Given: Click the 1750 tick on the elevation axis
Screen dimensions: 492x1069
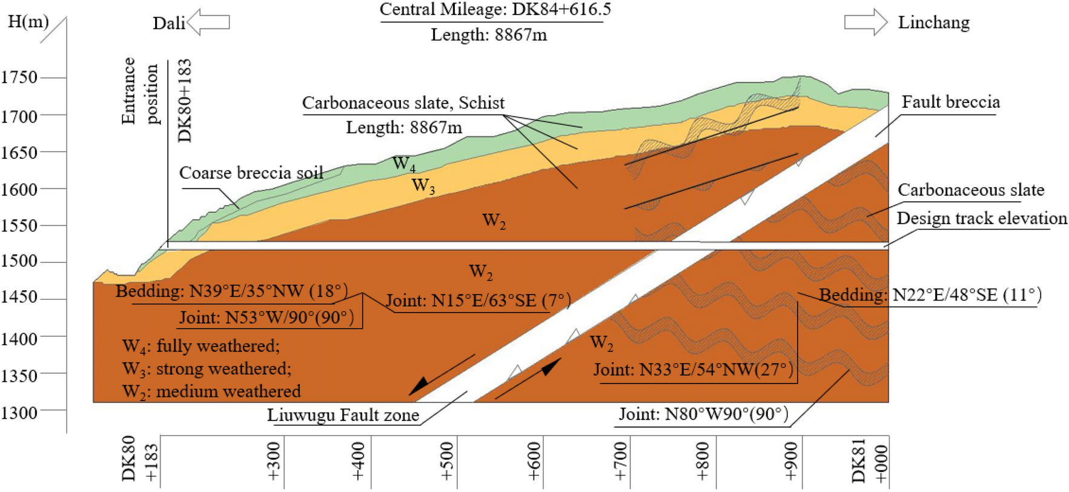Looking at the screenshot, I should point(19,78).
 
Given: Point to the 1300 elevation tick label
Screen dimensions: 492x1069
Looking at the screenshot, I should point(19,413).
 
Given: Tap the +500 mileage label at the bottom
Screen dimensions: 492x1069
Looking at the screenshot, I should point(447,462).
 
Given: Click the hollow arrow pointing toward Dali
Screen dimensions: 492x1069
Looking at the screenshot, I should point(208,22).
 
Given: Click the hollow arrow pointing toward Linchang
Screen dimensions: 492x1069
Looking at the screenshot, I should point(865,22).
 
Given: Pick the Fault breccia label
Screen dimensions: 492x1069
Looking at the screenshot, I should point(950,102).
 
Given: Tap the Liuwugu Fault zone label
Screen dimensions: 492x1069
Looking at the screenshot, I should point(343,415).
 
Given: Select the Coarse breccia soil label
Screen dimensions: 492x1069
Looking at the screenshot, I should point(251,173).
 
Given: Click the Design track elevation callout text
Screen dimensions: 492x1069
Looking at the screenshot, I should point(981,218).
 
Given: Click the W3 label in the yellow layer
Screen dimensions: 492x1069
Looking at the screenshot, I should point(423,185).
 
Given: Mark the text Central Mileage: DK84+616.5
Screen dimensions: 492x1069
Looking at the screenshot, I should point(495,10).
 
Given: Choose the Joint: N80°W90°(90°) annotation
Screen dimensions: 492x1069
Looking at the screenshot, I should point(703,414).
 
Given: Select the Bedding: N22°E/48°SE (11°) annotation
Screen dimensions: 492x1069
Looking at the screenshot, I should point(930,295).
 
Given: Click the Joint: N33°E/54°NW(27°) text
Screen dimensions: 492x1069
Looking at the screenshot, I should point(693,370).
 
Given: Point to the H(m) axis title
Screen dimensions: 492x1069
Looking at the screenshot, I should point(28,22).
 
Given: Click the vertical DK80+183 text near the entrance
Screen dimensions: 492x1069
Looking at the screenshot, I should point(185,101).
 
